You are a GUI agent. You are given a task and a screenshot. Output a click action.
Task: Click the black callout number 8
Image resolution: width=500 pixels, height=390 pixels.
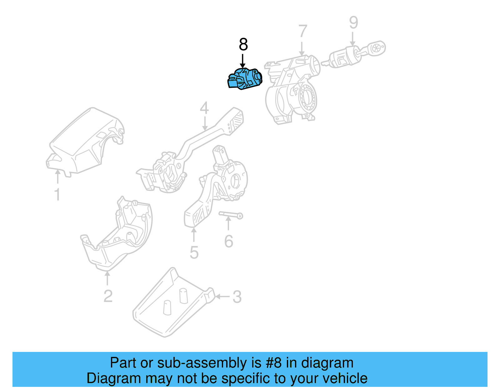pos(243,45)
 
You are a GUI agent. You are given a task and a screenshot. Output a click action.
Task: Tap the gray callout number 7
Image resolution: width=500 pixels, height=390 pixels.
pos(302,31)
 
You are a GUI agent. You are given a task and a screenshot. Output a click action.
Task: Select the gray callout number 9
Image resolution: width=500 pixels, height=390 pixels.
pos(353,23)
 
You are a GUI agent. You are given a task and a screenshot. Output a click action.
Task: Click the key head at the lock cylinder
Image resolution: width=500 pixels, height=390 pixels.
pos(377,48)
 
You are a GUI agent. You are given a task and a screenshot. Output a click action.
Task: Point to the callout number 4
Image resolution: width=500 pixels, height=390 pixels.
pos(204,108)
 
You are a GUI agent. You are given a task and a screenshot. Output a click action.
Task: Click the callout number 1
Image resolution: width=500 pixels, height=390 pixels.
pos(57,195)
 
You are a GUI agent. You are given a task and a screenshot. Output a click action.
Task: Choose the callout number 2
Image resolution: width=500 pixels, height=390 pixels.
pos(108,296)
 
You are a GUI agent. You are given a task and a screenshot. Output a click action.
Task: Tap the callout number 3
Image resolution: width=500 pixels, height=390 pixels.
pos(237,297)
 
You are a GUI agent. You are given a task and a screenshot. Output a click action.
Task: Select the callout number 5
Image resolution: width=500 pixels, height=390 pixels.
pos(194,252)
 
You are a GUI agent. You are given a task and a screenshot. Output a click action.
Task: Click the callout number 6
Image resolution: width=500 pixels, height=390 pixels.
pos(229,241)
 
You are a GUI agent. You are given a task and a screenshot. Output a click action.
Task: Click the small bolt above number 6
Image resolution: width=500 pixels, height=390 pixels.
pos(231,215)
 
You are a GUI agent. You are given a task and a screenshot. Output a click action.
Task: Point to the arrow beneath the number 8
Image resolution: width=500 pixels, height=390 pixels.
pos(242,61)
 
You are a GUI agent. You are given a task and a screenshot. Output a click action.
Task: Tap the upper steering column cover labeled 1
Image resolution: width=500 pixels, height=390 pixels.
pos(84,141)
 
